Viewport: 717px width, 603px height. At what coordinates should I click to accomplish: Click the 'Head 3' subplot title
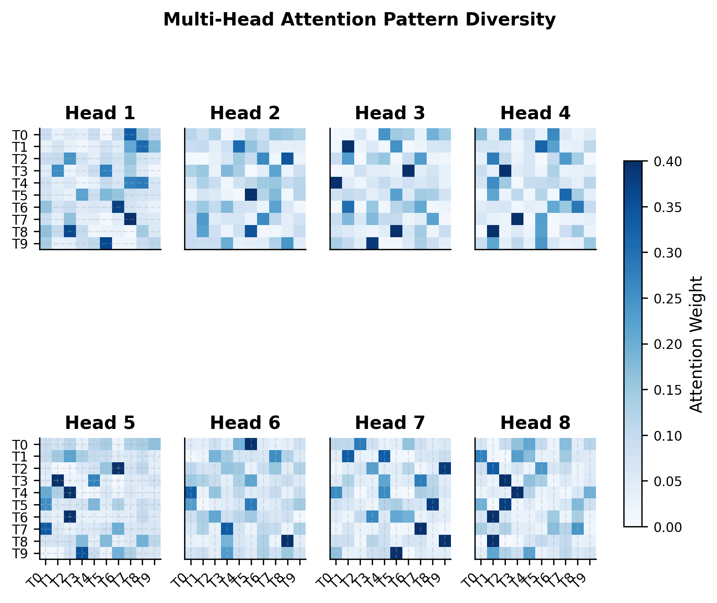(390, 113)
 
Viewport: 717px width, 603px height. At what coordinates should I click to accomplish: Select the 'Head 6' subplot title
(245, 423)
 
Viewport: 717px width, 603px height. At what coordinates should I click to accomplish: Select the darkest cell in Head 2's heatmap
(251, 195)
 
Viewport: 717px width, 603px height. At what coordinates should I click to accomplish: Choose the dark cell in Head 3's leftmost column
(336, 183)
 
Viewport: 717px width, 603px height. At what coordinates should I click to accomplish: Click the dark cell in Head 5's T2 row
(118, 468)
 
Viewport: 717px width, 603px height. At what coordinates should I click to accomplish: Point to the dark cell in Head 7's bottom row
(396, 553)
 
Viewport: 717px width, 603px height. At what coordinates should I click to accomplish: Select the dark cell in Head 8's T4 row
(517, 492)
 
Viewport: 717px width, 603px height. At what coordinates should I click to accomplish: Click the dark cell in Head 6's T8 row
(288, 541)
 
